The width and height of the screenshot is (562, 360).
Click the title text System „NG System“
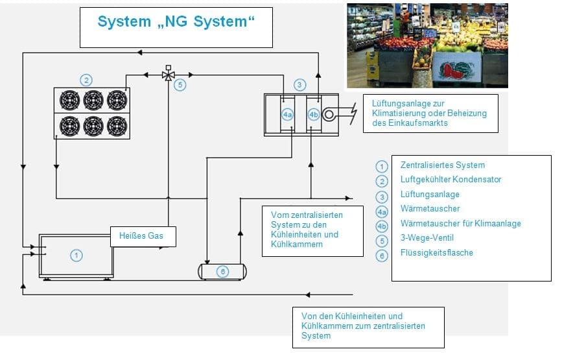click(x=176, y=21)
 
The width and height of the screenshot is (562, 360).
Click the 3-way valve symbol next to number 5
click(x=168, y=75)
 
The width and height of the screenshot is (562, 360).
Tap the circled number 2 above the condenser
click(x=86, y=80)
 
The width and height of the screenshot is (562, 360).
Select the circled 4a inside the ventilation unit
click(x=288, y=115)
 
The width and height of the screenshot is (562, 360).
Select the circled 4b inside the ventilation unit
click(x=314, y=115)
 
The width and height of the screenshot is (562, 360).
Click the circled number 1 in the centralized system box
click(x=76, y=256)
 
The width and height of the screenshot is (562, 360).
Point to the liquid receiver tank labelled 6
click(x=223, y=271)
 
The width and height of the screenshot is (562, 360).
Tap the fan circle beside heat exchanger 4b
click(x=329, y=115)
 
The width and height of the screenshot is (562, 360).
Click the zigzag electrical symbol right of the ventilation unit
click(x=351, y=115)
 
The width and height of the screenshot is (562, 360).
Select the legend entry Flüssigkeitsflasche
click(x=436, y=252)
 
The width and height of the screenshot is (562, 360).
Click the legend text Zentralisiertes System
click(x=442, y=165)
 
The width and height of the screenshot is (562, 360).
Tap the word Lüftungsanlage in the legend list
click(x=430, y=194)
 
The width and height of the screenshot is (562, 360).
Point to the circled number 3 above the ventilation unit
click(x=299, y=84)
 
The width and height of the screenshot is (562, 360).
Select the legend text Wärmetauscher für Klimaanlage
click(x=460, y=223)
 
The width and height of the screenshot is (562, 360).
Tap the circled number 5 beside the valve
click(x=181, y=85)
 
